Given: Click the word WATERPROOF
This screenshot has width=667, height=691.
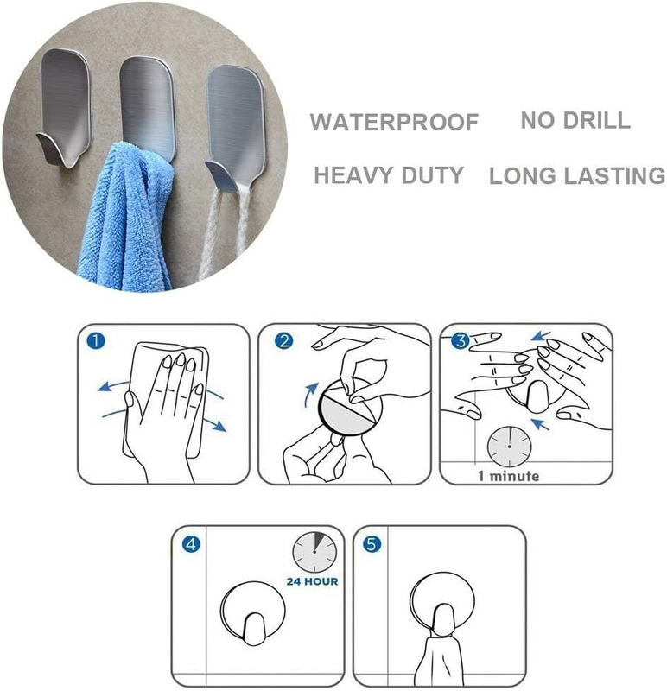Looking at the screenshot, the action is tap(394, 122).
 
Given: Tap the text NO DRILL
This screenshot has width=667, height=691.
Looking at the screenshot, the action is tap(575, 120).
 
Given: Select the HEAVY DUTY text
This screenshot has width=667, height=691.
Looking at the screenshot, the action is tap(389, 175).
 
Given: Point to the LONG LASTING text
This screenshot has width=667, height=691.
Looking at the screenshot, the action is tap(577, 175).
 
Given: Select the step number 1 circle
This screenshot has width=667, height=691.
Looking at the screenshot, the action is tap(96, 341).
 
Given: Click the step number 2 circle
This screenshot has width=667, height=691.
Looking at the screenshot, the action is tap(284, 341).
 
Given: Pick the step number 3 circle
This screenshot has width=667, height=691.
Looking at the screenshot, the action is tap(461, 340).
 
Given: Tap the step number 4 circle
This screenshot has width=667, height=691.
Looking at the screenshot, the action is tap(191, 544).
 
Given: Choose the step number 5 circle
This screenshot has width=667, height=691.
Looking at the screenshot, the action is tap(372, 544).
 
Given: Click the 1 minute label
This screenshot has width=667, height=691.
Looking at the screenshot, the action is tap(509, 476).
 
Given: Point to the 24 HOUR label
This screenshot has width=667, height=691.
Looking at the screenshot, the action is tap(312, 581).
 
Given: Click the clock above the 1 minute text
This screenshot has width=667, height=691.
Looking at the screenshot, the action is tap(509, 447).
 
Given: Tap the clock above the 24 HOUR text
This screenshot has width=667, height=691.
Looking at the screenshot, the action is tap(314, 552).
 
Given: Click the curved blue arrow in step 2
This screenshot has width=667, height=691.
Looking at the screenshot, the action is tap(309, 395).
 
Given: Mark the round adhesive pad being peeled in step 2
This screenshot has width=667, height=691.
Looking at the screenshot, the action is tap(348, 406).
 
